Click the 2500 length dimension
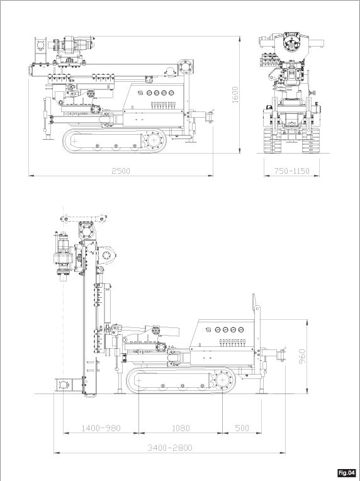click(x=121, y=171)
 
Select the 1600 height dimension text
click(x=235, y=95)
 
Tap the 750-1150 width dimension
click(x=291, y=171)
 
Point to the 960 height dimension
click(x=302, y=356)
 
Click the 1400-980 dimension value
click(x=101, y=427)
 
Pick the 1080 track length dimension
click(x=181, y=427)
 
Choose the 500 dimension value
click(x=242, y=427)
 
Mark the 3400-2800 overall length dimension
click(x=170, y=448)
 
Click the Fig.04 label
click(x=347, y=472)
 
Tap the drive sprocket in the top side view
click(x=153, y=140)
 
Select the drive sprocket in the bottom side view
click(x=222, y=380)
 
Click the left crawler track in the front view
click(x=273, y=140)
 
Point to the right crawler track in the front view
click(x=310, y=140)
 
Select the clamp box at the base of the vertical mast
click(x=64, y=385)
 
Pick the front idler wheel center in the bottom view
click(x=139, y=380)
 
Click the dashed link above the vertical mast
click(x=84, y=218)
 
